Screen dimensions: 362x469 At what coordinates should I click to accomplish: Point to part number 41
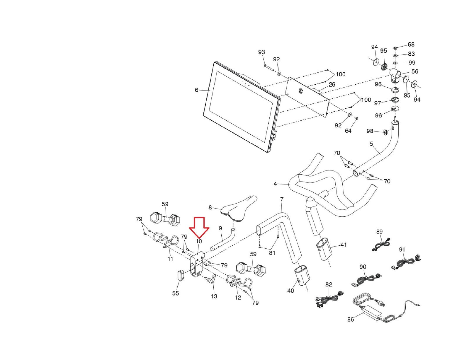point(343,245)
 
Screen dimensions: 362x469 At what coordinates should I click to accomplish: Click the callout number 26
point(332,85)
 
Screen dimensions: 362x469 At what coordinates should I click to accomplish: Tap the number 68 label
point(411,45)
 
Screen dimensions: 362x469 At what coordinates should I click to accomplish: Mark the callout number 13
point(214,296)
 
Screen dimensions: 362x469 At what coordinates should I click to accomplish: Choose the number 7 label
point(282,199)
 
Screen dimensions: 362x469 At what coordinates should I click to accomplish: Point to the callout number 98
point(370,131)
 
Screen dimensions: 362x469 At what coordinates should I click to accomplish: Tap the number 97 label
point(378,103)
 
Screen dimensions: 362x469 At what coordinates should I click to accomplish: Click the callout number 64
point(348,131)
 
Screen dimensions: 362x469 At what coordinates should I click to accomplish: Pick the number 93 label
point(261,52)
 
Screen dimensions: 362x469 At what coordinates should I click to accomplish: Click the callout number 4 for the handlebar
point(275,184)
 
